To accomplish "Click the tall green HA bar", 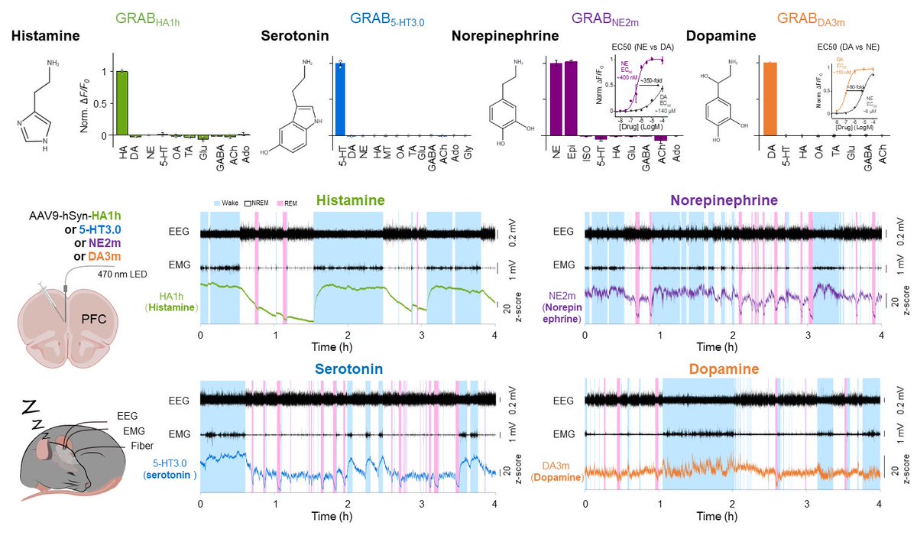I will pyautogui.click(x=122, y=103).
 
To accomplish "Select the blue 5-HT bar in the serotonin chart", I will pyautogui.click(x=340, y=99).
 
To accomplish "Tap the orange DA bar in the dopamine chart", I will pyautogui.click(x=769, y=99).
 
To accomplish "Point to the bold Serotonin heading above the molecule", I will pyautogui.click(x=292, y=36).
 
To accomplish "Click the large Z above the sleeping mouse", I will pyautogui.click(x=28, y=405).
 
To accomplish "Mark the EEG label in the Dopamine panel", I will pyautogui.click(x=562, y=401).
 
